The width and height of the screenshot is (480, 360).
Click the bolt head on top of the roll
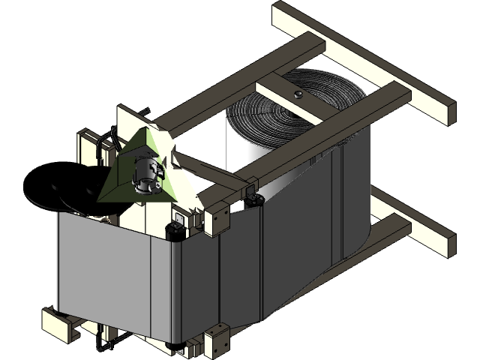(298, 94)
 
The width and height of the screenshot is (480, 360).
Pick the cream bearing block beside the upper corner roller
(217, 217)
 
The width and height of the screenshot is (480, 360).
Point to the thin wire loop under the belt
(105, 346)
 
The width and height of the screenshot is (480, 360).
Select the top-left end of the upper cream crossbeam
(281, 10)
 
